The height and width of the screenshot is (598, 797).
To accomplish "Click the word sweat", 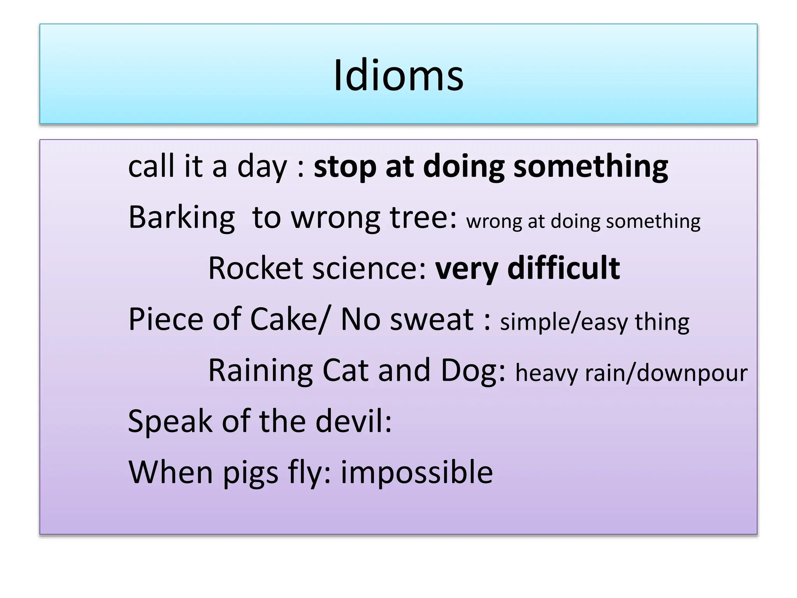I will [432, 319].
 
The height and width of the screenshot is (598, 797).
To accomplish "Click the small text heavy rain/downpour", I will [631, 373].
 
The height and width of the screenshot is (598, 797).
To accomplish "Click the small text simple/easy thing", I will [594, 322].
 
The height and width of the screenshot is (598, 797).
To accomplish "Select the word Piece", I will [166, 319].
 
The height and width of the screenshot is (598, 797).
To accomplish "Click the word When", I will [170, 472].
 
